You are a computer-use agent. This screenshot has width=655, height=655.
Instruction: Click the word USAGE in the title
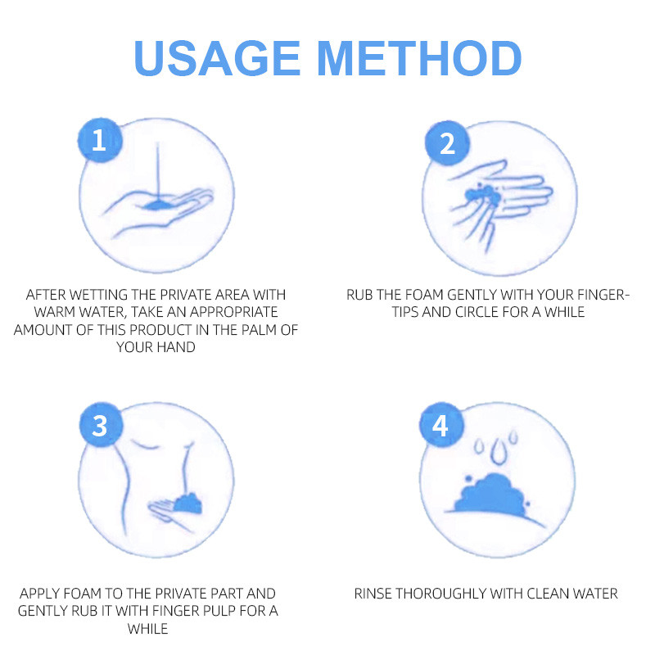click(x=217, y=58)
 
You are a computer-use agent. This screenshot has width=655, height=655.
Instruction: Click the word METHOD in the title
click(x=420, y=58)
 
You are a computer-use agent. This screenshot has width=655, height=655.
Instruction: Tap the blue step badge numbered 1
click(x=99, y=140)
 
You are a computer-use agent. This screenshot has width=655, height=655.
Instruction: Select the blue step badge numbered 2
click(x=447, y=143)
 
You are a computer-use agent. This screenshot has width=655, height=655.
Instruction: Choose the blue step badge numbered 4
click(x=441, y=425)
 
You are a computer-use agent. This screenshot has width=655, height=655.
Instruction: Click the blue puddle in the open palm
click(x=158, y=205)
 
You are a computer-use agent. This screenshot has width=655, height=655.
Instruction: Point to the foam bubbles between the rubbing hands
click(x=483, y=195)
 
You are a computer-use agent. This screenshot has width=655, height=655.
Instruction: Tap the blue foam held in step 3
click(x=188, y=503)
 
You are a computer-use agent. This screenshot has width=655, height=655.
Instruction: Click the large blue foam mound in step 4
click(x=492, y=495)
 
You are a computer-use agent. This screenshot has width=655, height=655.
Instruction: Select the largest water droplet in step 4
click(x=498, y=453)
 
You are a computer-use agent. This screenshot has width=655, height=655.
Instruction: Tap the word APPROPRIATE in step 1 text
click(x=234, y=312)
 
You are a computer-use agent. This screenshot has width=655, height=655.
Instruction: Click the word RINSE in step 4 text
click(x=373, y=594)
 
